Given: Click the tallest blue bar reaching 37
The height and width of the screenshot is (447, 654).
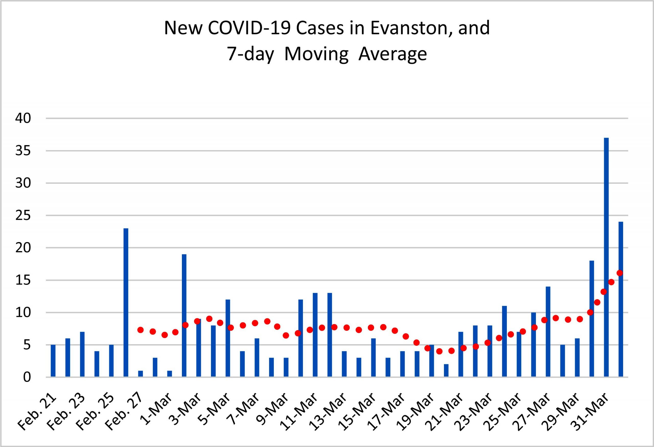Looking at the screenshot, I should pyautogui.click(x=606, y=257).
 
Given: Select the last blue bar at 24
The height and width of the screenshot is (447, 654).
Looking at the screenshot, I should pyautogui.click(x=621, y=299).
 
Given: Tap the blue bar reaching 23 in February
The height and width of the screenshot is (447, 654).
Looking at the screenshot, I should pyautogui.click(x=126, y=302).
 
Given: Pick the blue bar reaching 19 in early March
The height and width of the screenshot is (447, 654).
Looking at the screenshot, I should pyautogui.click(x=184, y=315).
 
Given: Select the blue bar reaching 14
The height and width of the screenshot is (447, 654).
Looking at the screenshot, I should pyautogui.click(x=548, y=331).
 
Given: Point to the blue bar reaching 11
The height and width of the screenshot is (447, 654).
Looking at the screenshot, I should pyautogui.click(x=504, y=341).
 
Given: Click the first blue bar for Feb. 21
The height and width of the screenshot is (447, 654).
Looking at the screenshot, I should pyautogui.click(x=53, y=361).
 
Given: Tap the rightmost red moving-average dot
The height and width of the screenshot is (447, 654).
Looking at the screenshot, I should pyautogui.click(x=620, y=273).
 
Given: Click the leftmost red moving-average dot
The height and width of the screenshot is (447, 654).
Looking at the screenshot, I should pyautogui.click(x=141, y=330).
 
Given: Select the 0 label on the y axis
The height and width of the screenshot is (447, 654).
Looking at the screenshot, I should pyautogui.click(x=27, y=377).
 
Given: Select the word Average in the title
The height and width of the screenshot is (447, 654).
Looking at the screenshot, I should pyautogui.click(x=393, y=54).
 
